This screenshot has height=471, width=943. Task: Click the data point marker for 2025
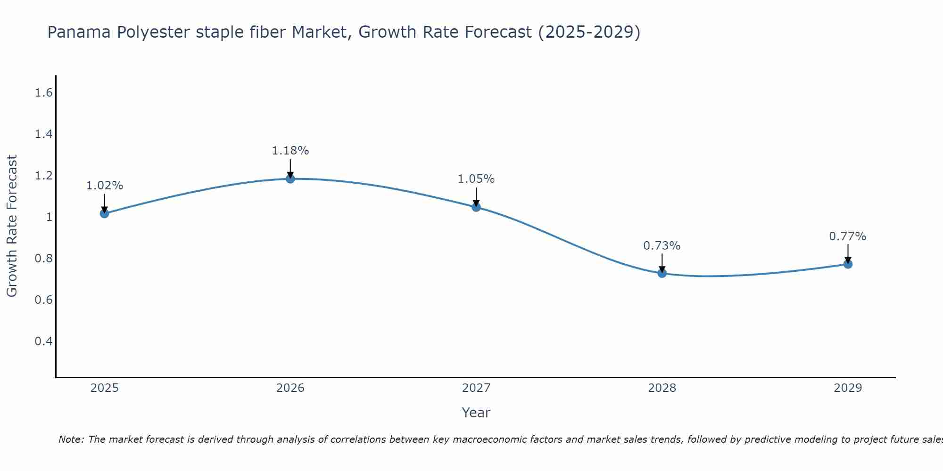104,213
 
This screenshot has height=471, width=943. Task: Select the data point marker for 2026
290,179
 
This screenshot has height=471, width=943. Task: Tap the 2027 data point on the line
476,207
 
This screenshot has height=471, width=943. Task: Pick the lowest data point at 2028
662,273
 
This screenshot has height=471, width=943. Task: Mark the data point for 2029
848,264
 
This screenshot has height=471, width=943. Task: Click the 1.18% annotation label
290,151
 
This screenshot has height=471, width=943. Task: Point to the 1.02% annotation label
104,186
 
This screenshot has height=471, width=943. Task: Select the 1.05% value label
476,179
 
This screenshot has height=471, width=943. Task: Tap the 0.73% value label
662,246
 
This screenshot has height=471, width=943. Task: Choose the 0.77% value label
848,236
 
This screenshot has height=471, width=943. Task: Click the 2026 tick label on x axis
290,388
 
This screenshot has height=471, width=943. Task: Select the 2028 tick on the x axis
662,388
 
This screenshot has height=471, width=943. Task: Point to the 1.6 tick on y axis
43,93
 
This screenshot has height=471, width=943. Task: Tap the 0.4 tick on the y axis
43,341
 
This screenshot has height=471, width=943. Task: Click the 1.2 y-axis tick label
43,176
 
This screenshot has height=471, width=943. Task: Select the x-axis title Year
476,413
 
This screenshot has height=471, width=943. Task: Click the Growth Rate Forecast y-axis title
12,226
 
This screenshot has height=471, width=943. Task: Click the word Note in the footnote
71,439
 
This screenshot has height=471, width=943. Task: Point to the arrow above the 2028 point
662,263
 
